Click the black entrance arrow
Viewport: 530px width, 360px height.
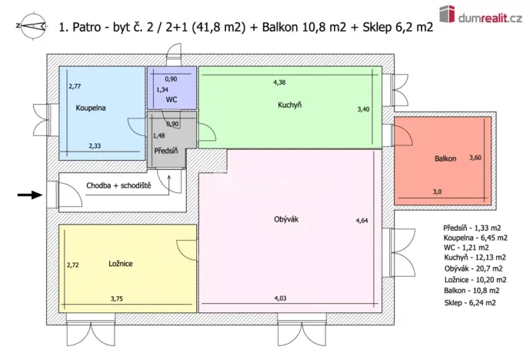click(31, 195)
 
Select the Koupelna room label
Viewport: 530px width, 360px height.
click(90, 108)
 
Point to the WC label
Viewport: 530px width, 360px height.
click(172, 100)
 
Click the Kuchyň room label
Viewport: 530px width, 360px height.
click(289, 105)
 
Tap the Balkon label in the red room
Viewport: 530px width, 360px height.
click(445, 158)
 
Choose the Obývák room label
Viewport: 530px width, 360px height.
click(285, 219)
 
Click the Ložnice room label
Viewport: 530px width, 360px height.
click(121, 264)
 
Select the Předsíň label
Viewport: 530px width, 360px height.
click(166, 150)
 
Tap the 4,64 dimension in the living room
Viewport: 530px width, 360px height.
click(362, 221)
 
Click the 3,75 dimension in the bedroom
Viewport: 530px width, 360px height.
click(117, 298)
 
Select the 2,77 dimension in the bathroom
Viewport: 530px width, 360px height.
click(75, 87)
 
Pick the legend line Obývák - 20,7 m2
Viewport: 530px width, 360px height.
click(473, 268)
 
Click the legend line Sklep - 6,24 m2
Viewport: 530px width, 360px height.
click(469, 303)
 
